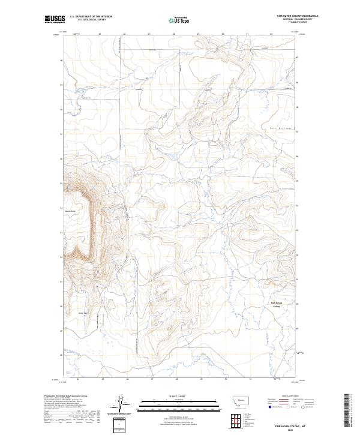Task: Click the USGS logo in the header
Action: pos(55,19)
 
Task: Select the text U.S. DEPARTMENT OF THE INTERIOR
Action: pos(91,17)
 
